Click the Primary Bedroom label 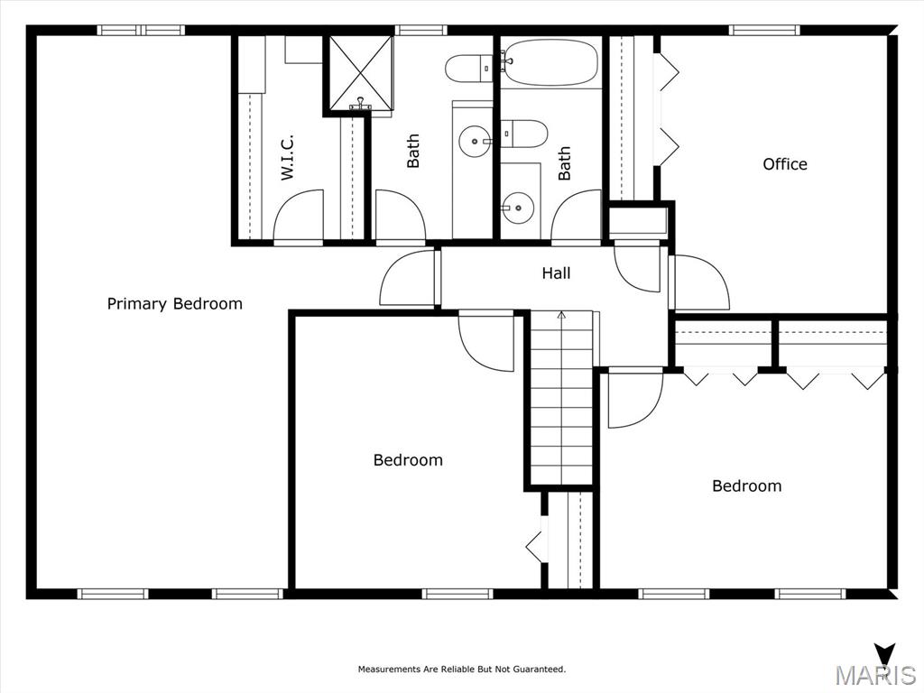tap(174, 304)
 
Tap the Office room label tap(785, 164)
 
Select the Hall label tap(556, 273)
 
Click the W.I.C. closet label tap(287, 156)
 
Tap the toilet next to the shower tap(468, 69)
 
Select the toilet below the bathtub tap(524, 134)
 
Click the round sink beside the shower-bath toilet tap(475, 142)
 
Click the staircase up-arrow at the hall tap(561, 316)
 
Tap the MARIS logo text tap(875, 674)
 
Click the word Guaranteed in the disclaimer tap(540, 669)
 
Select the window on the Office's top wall tap(764, 30)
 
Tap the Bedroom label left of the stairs tap(408, 459)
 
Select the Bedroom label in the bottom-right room tap(746, 485)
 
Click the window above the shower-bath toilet tap(420, 30)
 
